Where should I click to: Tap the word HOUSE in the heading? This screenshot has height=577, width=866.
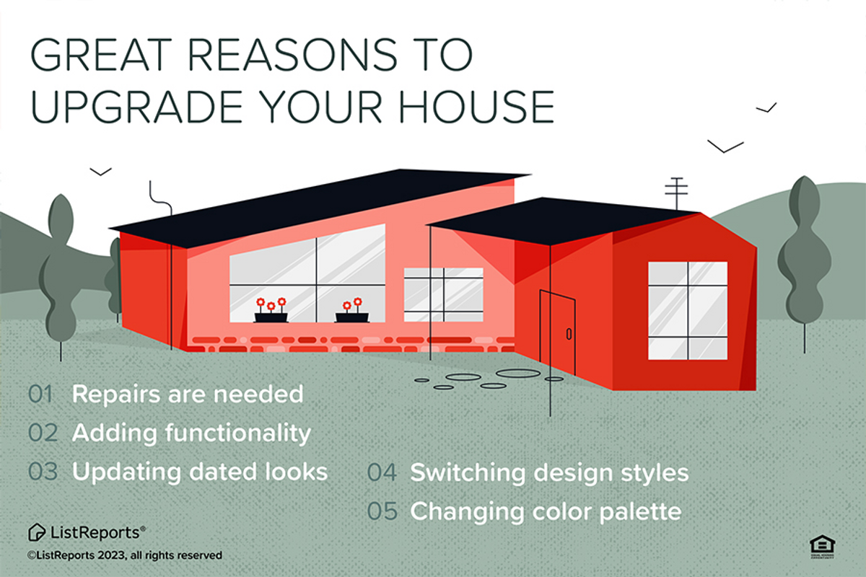point(477,107)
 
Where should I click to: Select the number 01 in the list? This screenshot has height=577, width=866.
point(40,395)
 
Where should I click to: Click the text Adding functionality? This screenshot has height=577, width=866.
point(191,433)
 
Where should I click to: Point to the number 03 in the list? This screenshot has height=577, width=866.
point(43,472)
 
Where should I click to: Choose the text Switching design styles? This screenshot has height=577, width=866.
point(549,473)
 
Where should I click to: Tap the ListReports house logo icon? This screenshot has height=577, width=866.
point(37,532)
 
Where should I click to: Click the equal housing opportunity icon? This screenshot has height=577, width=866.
point(822,547)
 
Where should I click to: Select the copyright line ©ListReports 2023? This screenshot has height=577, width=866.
point(124,555)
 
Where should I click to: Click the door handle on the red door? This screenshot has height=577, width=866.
point(569,334)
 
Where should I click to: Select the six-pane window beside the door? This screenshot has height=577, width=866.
point(688,311)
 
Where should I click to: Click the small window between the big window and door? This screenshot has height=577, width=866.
point(443,294)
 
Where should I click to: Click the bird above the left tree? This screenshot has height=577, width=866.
point(100,172)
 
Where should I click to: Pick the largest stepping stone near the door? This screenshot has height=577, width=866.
point(518,374)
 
